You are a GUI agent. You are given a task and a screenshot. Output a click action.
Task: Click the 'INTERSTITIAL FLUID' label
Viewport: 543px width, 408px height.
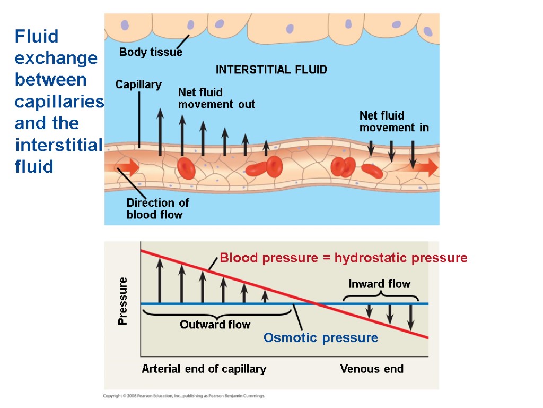coord(271,70)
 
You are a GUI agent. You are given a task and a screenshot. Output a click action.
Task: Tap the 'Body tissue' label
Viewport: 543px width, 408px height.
coord(151,52)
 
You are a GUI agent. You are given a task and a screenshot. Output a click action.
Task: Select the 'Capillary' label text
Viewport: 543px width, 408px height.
coord(138,84)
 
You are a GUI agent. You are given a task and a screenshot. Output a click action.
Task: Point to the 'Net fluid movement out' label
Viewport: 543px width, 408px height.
coord(216,98)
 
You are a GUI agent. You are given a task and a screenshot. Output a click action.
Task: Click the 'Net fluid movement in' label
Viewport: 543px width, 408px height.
coord(394,122)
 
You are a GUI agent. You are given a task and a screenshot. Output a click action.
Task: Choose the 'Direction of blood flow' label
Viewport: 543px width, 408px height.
coord(157,209)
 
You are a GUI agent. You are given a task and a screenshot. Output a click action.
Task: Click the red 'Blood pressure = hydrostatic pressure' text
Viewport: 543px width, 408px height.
coord(344,258)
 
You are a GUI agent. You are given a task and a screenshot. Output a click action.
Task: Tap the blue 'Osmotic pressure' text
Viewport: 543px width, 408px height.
coord(321,338)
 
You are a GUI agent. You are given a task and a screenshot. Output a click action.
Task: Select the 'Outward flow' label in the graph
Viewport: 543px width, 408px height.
coord(215,325)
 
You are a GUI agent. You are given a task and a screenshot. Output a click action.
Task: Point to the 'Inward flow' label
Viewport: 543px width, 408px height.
coord(380,284)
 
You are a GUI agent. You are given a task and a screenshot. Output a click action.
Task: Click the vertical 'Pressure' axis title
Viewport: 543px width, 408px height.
coord(123,301)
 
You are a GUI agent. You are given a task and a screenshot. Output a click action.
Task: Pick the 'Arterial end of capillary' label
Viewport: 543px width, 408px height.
coord(204,369)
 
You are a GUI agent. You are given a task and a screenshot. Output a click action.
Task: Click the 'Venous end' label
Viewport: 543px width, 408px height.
coord(372,369)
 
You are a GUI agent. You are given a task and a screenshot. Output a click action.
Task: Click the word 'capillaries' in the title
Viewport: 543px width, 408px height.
coord(59,101)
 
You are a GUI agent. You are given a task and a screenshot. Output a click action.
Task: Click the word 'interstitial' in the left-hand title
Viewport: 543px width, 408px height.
coord(58,145)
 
